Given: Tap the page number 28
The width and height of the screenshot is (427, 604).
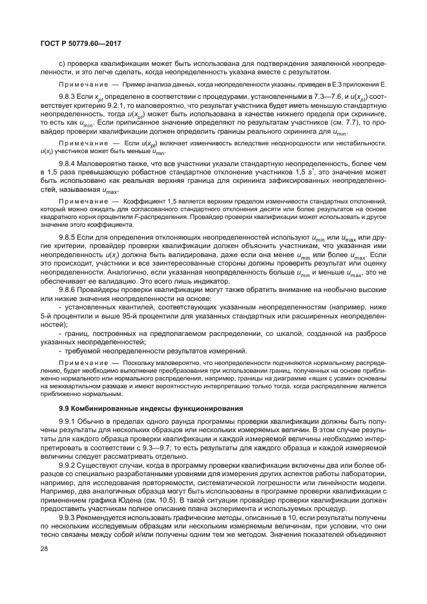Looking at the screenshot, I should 45,566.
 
